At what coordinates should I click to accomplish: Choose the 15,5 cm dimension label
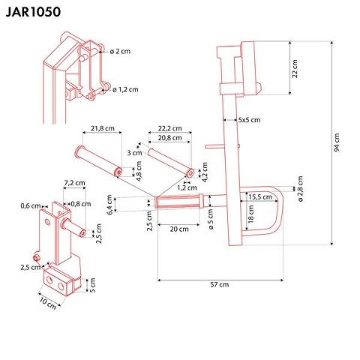262,196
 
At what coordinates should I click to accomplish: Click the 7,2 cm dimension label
73,182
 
